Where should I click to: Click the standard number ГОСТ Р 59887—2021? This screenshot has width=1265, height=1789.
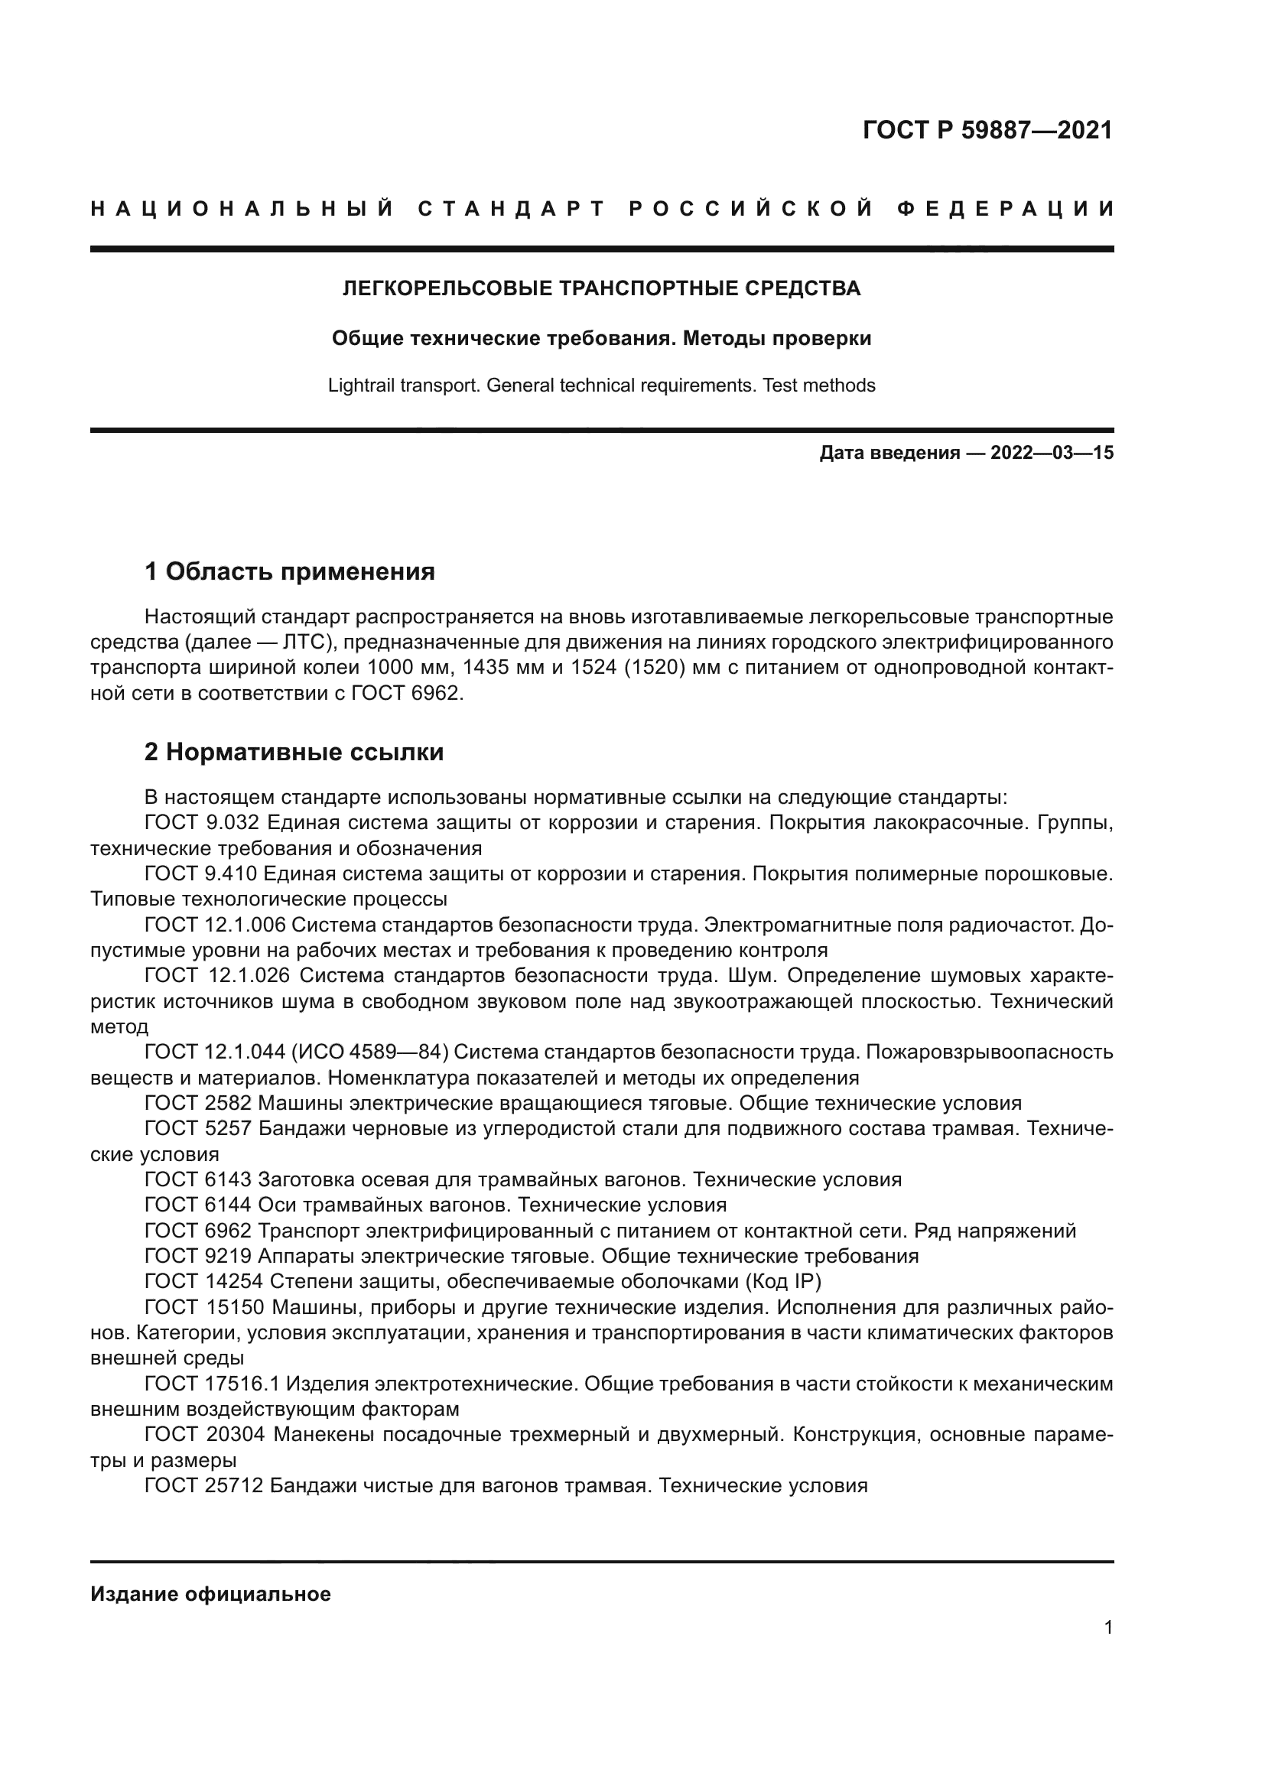(x=987, y=130)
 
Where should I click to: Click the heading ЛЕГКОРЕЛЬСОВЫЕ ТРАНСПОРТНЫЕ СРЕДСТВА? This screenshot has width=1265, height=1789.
(x=601, y=289)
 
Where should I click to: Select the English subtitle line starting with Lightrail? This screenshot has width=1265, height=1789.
(x=601, y=385)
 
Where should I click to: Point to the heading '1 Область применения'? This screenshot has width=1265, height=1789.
(x=290, y=572)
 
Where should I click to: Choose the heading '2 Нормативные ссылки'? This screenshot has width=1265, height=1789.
(x=294, y=753)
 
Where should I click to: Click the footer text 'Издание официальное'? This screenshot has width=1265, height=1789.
(x=210, y=1594)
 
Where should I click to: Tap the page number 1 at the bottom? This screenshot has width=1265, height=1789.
(x=1108, y=1650)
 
